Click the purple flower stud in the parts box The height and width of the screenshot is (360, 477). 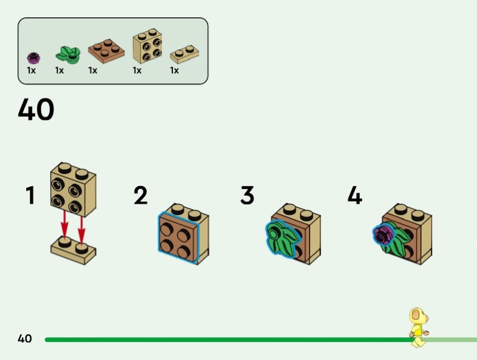click(33, 58)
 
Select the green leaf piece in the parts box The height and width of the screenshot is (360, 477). click(68, 55)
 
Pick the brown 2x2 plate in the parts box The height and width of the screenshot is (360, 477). click(106, 51)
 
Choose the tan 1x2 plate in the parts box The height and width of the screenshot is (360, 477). click(184, 54)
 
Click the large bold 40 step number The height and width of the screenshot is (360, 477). click(36, 109)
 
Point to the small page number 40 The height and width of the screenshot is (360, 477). click(24, 339)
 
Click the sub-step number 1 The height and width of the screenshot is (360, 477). click(30, 195)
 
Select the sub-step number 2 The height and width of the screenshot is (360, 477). click(141, 195)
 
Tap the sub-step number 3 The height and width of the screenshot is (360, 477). click(247, 195)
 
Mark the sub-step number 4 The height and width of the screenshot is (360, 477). click(355, 195)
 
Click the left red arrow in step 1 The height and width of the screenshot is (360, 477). click(64, 224)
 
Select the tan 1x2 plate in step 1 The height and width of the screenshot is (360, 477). click(73, 250)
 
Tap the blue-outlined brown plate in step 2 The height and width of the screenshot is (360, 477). click(178, 237)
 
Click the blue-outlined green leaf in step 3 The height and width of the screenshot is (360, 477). click(281, 239)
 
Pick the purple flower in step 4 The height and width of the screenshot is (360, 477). click(383, 234)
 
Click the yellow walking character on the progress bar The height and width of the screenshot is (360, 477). click(419, 327)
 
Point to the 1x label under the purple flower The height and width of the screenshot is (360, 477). click(32, 70)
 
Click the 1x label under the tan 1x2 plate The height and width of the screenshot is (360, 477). click(174, 70)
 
